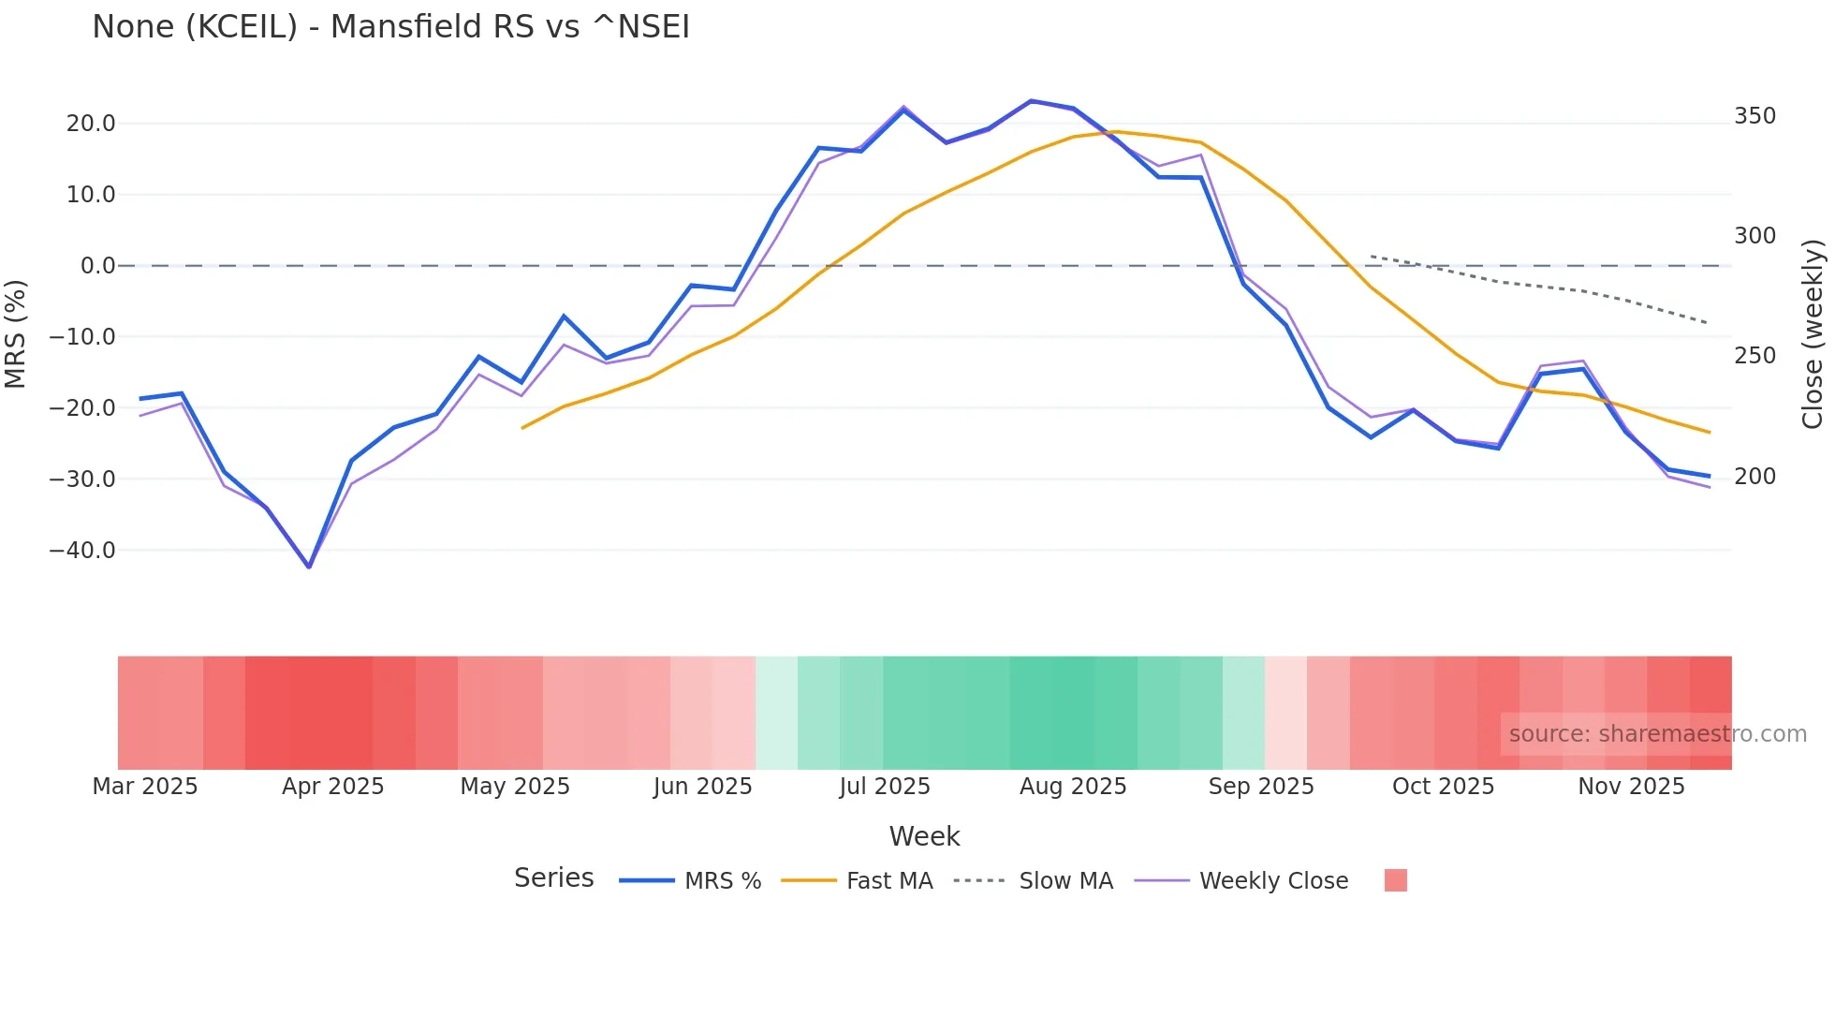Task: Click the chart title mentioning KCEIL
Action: click(390, 27)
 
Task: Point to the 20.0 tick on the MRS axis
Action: click(91, 124)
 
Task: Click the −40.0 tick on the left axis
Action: click(82, 551)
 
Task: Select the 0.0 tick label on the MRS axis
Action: click(97, 266)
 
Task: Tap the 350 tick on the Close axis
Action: click(1754, 116)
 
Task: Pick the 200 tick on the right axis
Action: click(1754, 477)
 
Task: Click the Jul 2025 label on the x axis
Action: click(885, 787)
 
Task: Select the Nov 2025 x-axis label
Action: click(1631, 787)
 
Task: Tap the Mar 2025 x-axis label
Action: click(145, 787)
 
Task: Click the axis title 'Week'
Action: click(924, 836)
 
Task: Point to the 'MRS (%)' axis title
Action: click(15, 334)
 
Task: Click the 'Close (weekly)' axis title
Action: click(1813, 334)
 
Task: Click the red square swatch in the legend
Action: click(1395, 880)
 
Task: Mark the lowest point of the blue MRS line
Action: click(309, 567)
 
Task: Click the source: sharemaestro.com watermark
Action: click(1657, 734)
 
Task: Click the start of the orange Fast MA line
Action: click(522, 428)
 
